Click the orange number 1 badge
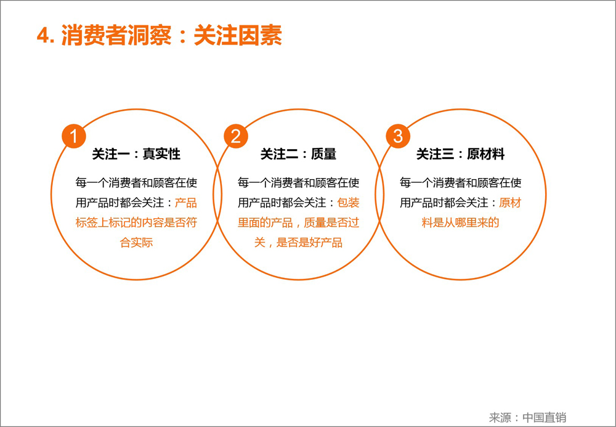pyautogui.click(x=74, y=136)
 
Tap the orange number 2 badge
pyautogui.click(x=236, y=136)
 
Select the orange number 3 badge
pyautogui.click(x=397, y=136)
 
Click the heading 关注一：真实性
pyautogui.click(x=136, y=154)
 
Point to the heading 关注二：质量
pyautogui.click(x=298, y=154)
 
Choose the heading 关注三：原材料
pyautogui.click(x=460, y=154)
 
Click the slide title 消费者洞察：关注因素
pyautogui.click(x=171, y=36)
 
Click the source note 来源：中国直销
pyautogui.click(x=528, y=417)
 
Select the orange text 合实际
pyautogui.click(x=136, y=242)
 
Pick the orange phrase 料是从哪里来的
pyautogui.click(x=460, y=222)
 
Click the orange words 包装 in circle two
pyautogui.click(x=349, y=203)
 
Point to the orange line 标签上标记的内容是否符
pyautogui.click(x=136, y=222)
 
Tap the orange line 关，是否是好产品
pyautogui.click(x=298, y=242)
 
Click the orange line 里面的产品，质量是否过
pyautogui.click(x=298, y=222)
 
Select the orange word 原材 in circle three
pyautogui.click(x=510, y=203)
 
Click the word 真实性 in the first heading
pyautogui.click(x=161, y=154)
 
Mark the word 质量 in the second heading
pyautogui.click(x=324, y=154)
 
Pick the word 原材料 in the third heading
pyautogui.click(x=486, y=154)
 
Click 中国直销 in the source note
pyautogui.click(x=545, y=417)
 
